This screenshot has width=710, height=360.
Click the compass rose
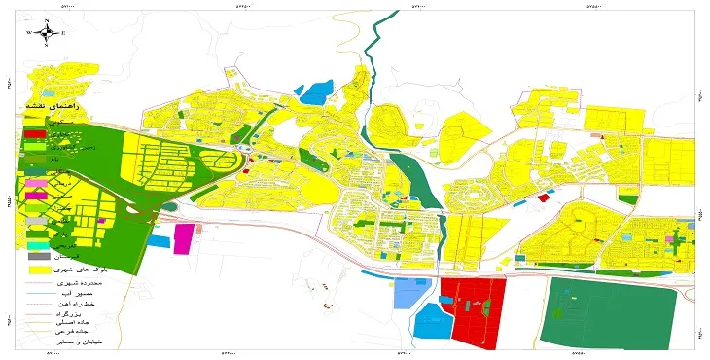(46, 32)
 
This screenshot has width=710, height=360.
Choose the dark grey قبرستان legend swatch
(36, 256)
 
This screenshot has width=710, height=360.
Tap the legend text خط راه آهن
(89, 302)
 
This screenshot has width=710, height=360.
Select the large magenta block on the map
(183, 238)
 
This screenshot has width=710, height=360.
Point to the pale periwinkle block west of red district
(409, 292)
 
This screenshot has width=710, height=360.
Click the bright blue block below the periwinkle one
(427, 323)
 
